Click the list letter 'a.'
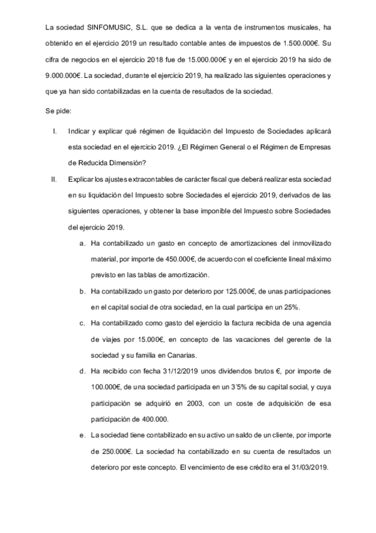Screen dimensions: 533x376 point(83,243)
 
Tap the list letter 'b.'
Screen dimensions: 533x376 point(83,292)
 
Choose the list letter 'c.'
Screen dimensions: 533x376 point(83,323)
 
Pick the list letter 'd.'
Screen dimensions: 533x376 point(83,371)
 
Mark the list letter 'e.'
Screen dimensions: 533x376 point(83,435)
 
